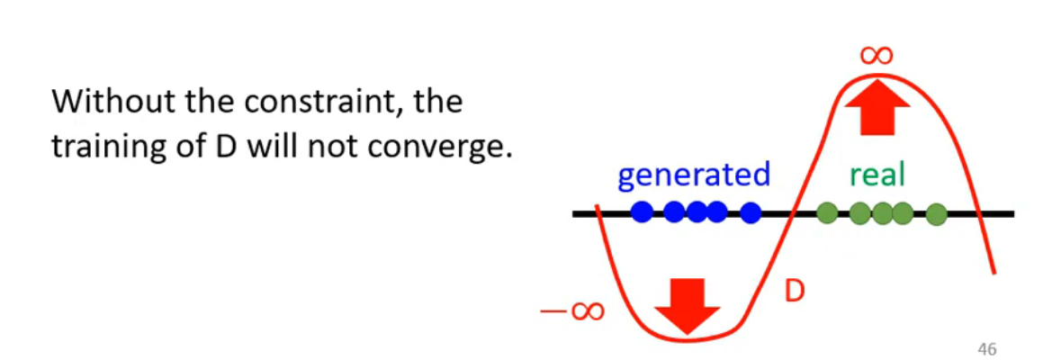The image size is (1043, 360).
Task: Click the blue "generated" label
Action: point(693,174)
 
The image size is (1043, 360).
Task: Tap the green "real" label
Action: point(877,174)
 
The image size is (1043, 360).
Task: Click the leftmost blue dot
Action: point(642,213)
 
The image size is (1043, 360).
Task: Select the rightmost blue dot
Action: point(751,213)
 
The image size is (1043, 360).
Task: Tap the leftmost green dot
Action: point(826,213)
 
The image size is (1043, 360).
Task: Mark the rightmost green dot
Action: point(937,214)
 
